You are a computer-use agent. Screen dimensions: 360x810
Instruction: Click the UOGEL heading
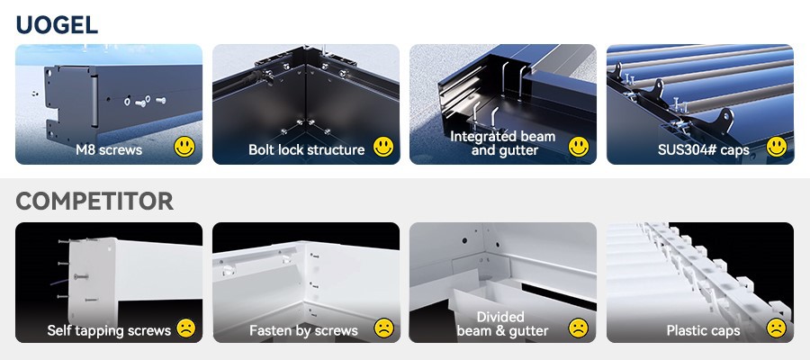point(57,25)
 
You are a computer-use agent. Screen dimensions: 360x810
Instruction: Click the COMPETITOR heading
point(94,202)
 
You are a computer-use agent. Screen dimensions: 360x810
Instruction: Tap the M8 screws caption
point(109,149)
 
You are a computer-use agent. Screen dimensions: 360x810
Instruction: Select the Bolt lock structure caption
point(307,149)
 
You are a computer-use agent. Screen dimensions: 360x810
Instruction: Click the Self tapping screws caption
point(109,330)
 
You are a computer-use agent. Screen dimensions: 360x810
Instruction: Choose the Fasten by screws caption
point(303,330)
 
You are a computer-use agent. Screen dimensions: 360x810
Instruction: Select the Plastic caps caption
point(703,330)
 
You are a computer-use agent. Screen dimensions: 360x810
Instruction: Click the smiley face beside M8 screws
point(185,147)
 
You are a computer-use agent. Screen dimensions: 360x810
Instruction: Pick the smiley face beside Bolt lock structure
point(382,147)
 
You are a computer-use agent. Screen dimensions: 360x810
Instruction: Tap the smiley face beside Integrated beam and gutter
point(579,147)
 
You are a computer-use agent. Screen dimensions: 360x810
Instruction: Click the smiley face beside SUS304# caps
point(776,147)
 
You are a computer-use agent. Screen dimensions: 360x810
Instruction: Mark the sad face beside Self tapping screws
point(185,328)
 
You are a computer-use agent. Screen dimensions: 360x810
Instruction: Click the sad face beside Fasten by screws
point(382,328)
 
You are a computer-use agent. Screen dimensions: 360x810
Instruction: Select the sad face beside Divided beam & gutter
point(579,328)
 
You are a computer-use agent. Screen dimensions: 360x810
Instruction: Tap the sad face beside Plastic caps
point(776,328)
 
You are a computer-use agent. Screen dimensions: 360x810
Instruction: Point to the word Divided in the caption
point(500,317)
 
